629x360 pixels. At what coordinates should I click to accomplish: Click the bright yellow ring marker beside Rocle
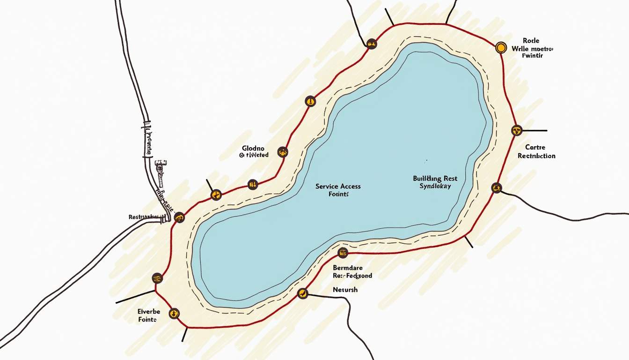point(501,47)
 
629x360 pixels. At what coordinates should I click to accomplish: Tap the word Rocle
point(531,41)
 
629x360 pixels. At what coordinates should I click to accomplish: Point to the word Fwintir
point(532,56)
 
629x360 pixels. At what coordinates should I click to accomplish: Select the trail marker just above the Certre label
point(517,130)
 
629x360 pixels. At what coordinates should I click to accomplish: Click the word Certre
point(534,147)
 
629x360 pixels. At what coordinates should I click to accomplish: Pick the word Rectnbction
point(536,156)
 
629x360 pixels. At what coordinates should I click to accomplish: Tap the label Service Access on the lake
point(338,186)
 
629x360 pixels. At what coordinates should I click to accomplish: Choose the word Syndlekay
point(435,187)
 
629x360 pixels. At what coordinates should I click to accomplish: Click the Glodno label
point(253,148)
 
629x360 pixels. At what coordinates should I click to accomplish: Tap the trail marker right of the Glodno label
point(282,151)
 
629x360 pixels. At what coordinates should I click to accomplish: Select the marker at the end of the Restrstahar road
point(179,217)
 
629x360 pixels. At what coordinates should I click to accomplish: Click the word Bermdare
point(348,268)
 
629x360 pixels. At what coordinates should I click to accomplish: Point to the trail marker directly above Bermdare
point(343,253)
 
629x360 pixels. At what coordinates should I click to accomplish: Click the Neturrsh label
point(345,290)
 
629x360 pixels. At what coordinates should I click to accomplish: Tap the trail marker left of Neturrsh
point(303,294)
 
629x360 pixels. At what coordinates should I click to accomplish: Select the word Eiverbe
point(149,312)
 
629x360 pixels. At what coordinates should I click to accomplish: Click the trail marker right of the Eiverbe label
point(174,313)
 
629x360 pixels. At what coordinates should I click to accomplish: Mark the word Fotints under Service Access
point(339,194)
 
